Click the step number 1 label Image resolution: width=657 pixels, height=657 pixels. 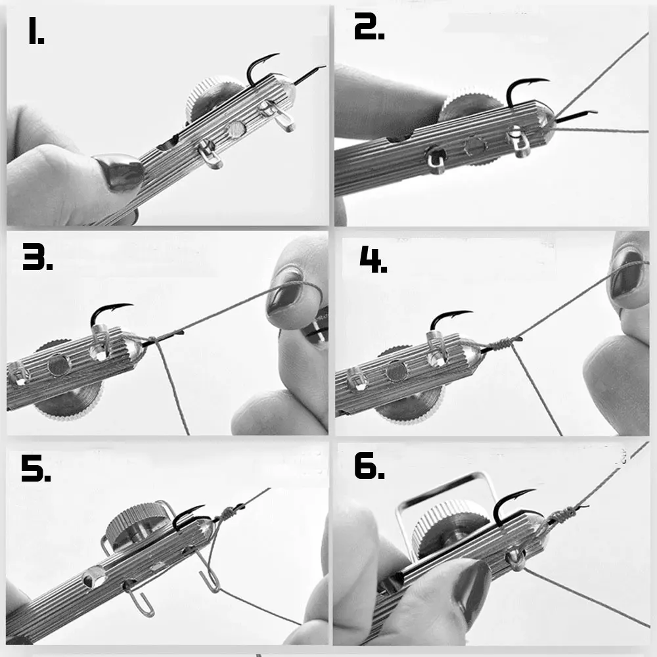[x=36, y=31]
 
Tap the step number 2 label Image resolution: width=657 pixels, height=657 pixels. [x=369, y=26]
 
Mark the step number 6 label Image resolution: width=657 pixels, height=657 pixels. [x=369, y=466]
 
